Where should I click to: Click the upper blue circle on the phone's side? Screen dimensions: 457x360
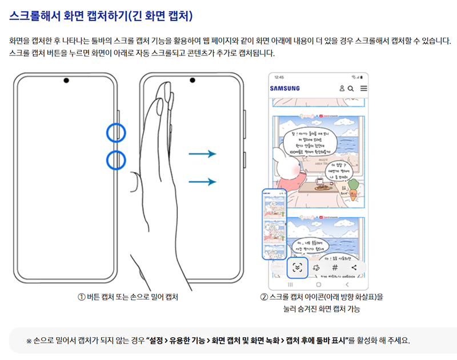coord(116,132)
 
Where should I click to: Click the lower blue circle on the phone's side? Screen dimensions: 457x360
coord(116,159)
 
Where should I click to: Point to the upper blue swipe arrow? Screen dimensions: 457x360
coord(203,154)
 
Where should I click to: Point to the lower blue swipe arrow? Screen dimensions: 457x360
coord(203,182)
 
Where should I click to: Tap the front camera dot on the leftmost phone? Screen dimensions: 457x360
coord(67,79)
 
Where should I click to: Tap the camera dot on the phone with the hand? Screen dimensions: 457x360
coord(193,79)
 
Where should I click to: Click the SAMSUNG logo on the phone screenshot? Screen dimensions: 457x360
coord(284,89)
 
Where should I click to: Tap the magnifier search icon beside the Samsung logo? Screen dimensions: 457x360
coord(351,89)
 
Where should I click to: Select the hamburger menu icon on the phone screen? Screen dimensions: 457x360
coord(363,89)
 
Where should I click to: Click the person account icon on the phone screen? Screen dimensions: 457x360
coord(342,89)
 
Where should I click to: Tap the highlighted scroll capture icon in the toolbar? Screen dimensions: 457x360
coord(296,267)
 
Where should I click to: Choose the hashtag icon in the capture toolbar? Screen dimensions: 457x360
coord(335,267)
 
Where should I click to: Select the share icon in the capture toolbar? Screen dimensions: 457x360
coord(354,267)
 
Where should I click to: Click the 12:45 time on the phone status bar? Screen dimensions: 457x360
coord(279,77)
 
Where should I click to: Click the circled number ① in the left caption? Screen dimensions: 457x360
coord(82,297)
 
